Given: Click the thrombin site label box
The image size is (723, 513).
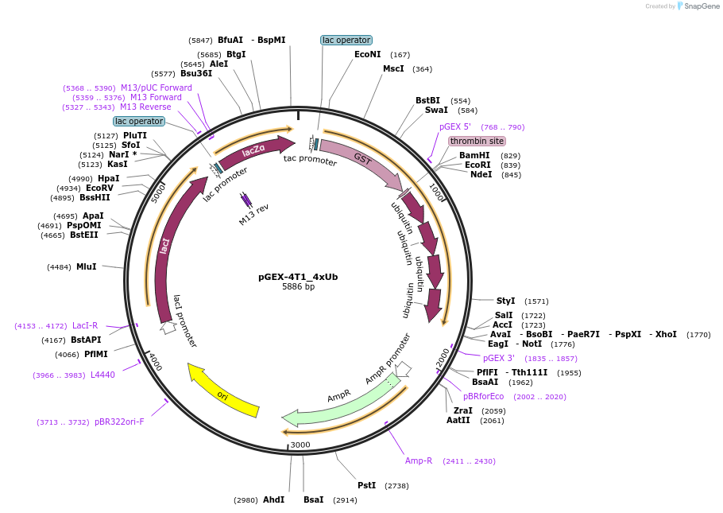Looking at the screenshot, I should pos(477,141).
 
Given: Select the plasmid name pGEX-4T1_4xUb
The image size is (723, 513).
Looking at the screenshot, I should pos(298,277).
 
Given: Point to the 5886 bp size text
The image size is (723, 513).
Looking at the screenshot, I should pos(298,287).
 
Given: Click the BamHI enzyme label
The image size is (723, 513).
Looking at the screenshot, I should pos(474,155).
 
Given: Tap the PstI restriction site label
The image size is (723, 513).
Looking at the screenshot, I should pos(366,485).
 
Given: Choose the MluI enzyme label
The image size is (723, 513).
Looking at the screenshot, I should pos(86,267).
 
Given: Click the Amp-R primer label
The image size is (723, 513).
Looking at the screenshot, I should pos(419,461).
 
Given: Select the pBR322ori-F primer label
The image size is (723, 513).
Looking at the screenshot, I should pos(119,422).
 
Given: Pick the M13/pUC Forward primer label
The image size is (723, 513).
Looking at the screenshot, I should pos(156,87).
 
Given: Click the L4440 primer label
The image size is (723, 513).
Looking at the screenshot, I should pos(102,375).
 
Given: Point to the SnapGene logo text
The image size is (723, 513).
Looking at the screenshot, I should pos(702,6).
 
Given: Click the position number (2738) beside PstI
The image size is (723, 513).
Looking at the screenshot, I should pos(396,485).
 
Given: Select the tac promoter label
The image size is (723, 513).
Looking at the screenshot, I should pos(310,160).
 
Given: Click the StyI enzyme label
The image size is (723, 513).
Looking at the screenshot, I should pos(505,301).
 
